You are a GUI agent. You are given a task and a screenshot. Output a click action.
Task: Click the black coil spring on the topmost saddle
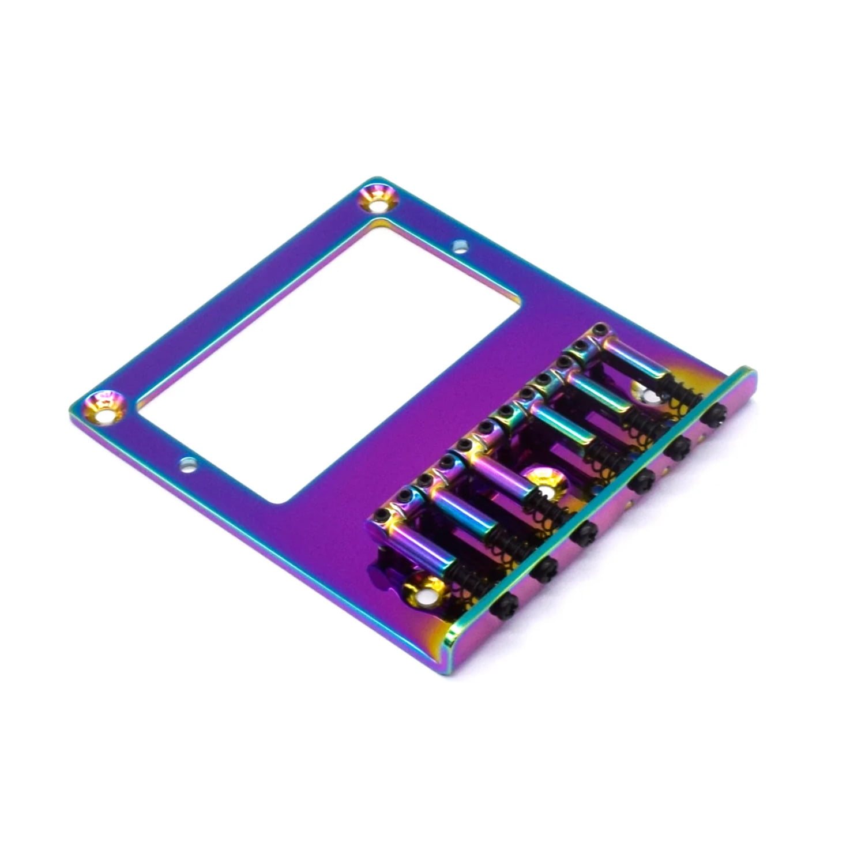[683, 392]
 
